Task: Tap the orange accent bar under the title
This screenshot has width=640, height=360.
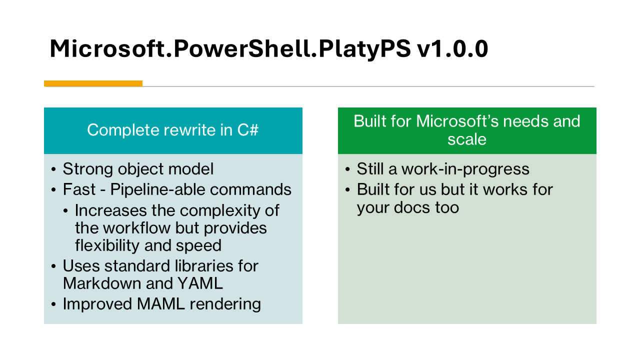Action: point(93,83)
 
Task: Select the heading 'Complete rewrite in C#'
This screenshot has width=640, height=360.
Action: point(172,130)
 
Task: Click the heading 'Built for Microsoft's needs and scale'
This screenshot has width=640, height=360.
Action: point(466,130)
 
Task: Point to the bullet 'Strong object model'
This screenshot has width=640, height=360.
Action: point(138,169)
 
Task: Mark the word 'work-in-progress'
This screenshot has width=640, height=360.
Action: point(465,169)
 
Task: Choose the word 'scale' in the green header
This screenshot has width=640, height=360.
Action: point(466,139)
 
